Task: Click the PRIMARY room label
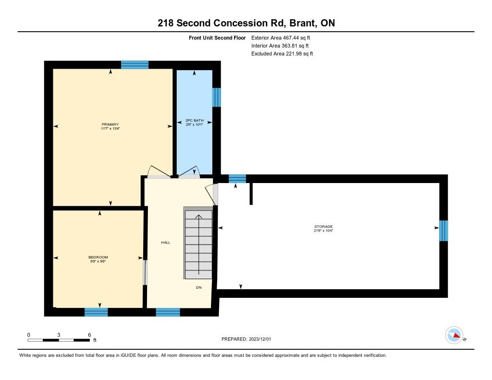(x=110, y=124)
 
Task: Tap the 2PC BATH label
(x=195, y=121)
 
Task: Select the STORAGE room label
(x=323, y=227)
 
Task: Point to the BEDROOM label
(x=98, y=257)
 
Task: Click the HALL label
(x=166, y=242)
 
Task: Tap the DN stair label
(x=198, y=287)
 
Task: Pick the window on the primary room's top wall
(x=135, y=65)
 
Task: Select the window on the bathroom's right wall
(x=217, y=97)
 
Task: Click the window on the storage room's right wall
(x=443, y=231)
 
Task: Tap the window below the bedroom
(x=96, y=312)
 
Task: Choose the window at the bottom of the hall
(x=168, y=312)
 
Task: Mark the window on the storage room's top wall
(x=237, y=179)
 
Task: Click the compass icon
(x=455, y=335)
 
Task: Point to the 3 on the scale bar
(x=59, y=335)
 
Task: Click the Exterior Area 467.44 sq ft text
(x=281, y=37)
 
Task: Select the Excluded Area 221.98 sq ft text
(x=282, y=54)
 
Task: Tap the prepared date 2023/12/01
(x=260, y=339)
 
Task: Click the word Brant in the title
(x=303, y=23)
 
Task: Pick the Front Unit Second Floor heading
(x=217, y=37)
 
